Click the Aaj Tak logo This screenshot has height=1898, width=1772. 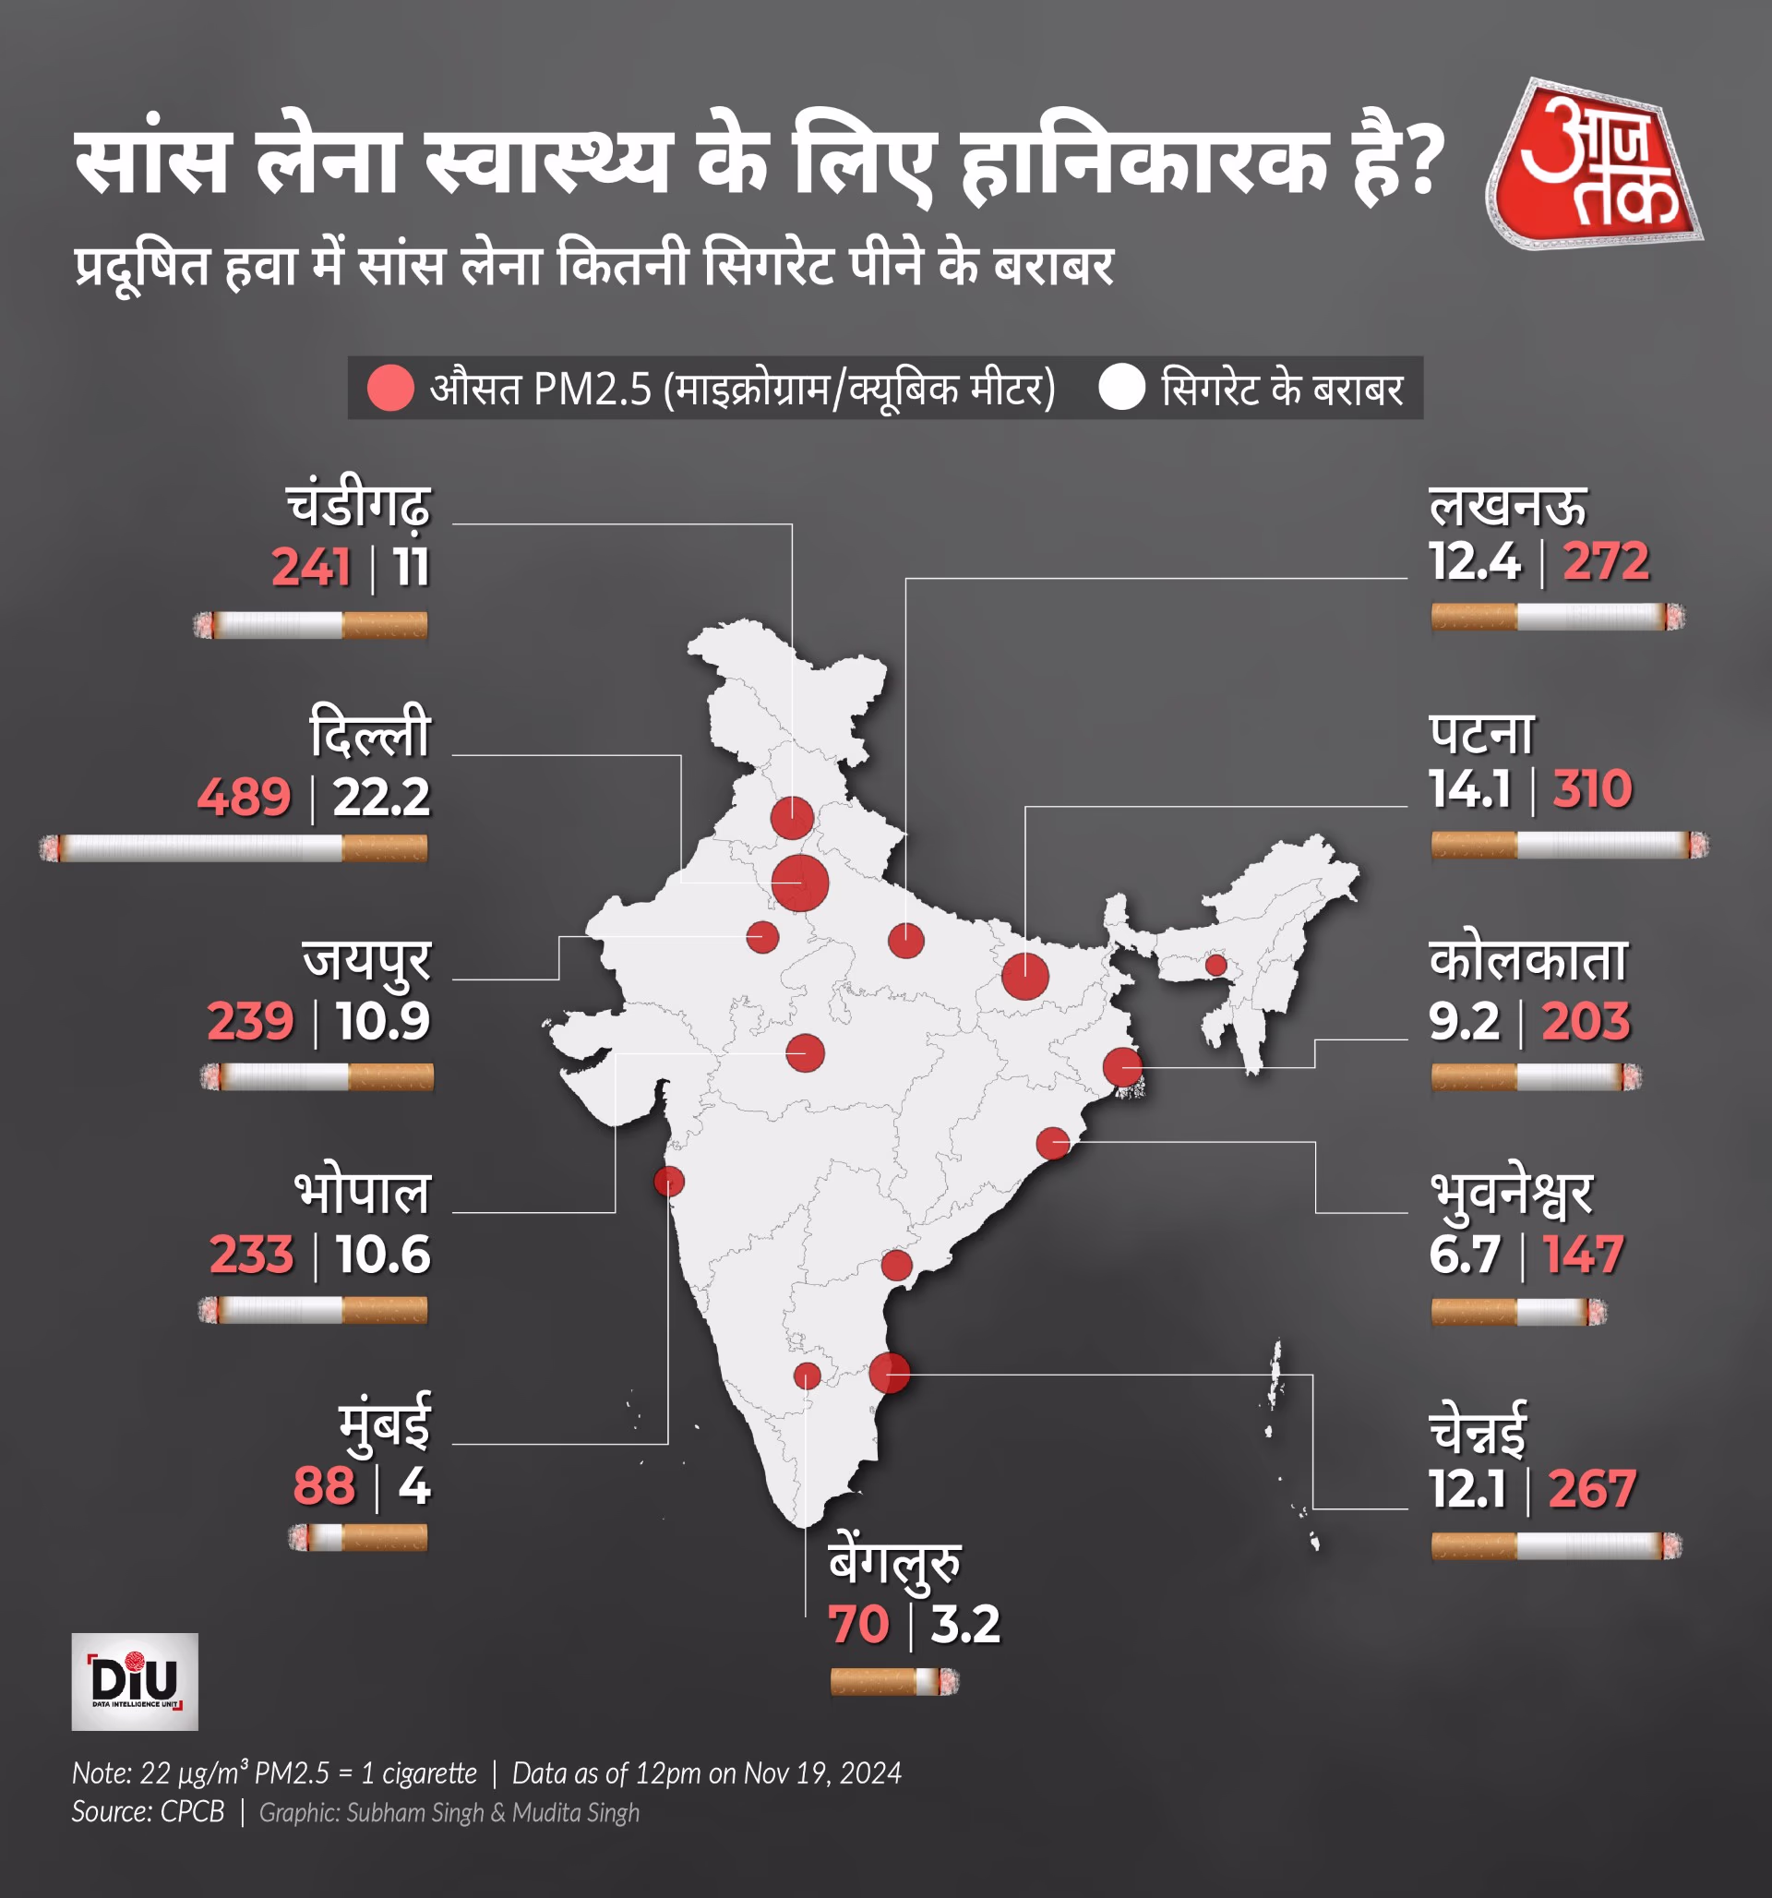click(x=1593, y=164)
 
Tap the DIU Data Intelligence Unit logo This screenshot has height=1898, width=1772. click(x=135, y=1681)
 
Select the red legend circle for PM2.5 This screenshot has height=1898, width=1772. click(x=390, y=389)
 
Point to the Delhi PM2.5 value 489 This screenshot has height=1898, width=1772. click(x=245, y=798)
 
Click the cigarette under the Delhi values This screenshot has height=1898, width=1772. click(x=233, y=847)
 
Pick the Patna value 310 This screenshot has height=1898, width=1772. click(x=1591, y=788)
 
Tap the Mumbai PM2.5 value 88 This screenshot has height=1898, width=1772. click(x=324, y=1486)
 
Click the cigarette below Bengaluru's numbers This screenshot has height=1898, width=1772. click(x=893, y=1681)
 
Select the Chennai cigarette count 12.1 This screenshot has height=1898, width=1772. click(x=1467, y=1488)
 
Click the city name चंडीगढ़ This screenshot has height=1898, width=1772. click(x=359, y=506)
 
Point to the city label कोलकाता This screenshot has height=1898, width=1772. click(x=1527, y=960)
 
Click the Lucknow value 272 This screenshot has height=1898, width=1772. click(x=1606, y=560)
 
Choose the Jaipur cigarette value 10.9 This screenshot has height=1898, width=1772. click(x=383, y=1021)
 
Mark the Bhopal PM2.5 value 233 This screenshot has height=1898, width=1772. click(x=252, y=1255)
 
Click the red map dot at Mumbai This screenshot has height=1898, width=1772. click(x=669, y=1181)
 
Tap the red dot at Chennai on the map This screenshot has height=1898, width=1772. click(x=889, y=1372)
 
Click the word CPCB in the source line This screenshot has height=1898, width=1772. click(x=192, y=1812)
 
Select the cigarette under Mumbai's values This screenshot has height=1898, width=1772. click(x=358, y=1537)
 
